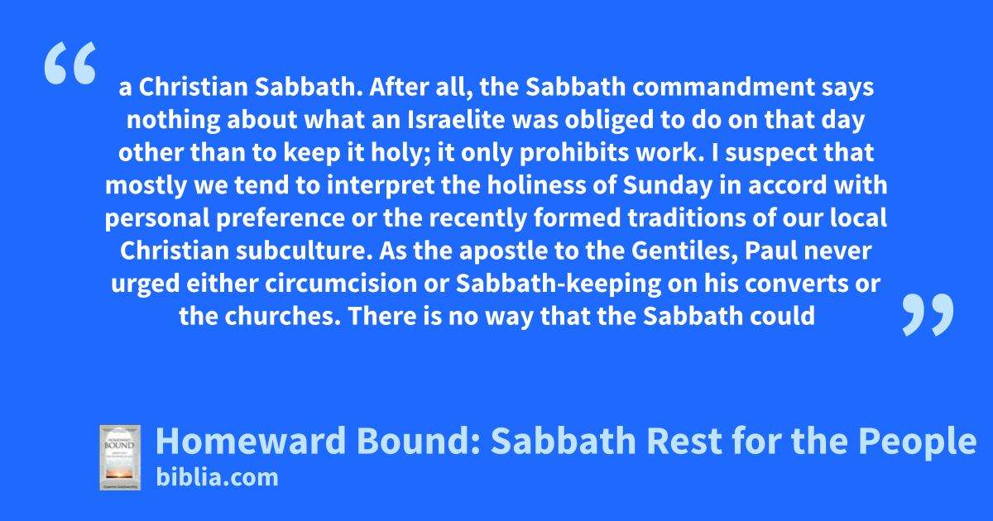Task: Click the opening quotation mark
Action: pyautogui.click(x=70, y=63)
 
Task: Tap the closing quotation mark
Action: pyautogui.click(x=928, y=314)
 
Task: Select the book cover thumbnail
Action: pyautogui.click(x=120, y=457)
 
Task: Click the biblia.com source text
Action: pyautogui.click(x=217, y=478)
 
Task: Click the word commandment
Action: pyautogui.click(x=723, y=87)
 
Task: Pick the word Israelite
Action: pyautogui.click(x=456, y=120)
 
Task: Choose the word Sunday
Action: pyautogui.click(x=668, y=185)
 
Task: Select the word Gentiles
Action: pyautogui.click(x=685, y=251)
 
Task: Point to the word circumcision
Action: pyautogui.click(x=341, y=284)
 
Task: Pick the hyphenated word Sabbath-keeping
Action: pyautogui.click(x=559, y=284)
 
